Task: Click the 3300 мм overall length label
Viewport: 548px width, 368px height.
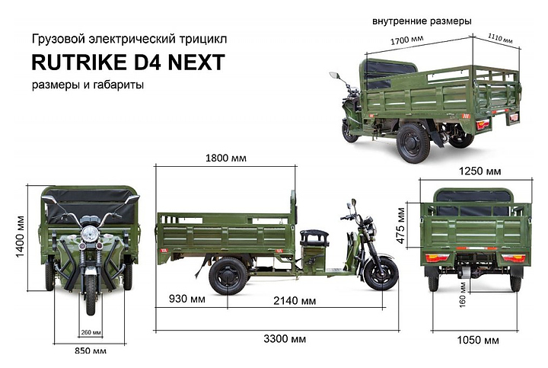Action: pyautogui.click(x=285, y=339)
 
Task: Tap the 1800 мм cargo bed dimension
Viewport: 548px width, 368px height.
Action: pyautogui.click(x=226, y=158)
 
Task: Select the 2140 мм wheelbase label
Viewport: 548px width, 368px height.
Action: pyautogui.click(x=295, y=300)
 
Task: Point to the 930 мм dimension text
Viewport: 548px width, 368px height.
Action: pyautogui.click(x=187, y=299)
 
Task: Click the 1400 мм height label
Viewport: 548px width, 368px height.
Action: pyautogui.click(x=21, y=237)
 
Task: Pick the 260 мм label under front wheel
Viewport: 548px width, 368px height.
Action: pyautogui.click(x=91, y=332)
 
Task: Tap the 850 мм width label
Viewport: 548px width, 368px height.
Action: pyautogui.click(x=91, y=350)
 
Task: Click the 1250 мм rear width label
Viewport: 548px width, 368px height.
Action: pyautogui.click(x=479, y=171)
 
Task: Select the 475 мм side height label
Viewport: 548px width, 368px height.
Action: pyautogui.click(x=401, y=226)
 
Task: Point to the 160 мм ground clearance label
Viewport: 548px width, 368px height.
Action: pyautogui.click(x=463, y=295)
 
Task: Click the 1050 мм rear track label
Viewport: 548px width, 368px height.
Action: pyautogui.click(x=478, y=340)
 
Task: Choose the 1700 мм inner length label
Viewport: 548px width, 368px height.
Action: pyautogui.click(x=406, y=40)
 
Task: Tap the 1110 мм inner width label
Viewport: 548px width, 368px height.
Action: pyautogui.click(x=500, y=38)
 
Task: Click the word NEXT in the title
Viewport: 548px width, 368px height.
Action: pyautogui.click(x=196, y=62)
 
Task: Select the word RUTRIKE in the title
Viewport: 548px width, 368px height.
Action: pyautogui.click(x=79, y=62)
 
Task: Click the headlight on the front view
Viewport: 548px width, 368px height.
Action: pyautogui.click(x=91, y=232)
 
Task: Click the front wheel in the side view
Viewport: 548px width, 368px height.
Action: pyautogui.click(x=381, y=273)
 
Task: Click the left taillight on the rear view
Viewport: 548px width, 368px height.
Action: pyautogui.click(x=437, y=258)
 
